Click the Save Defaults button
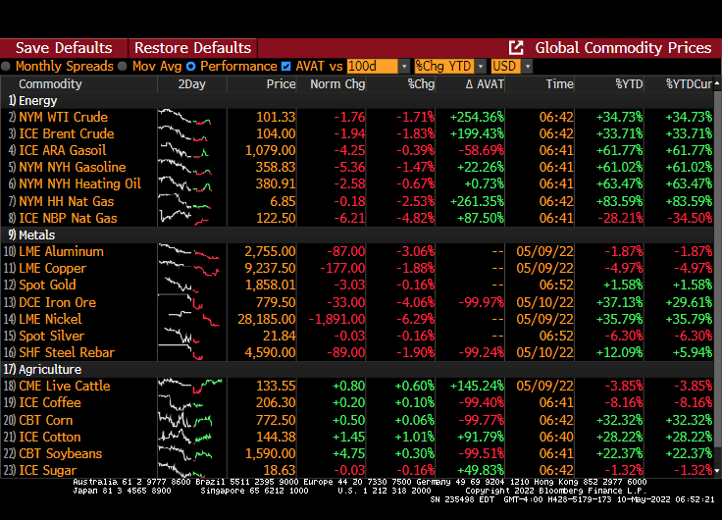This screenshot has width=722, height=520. [x=64, y=48]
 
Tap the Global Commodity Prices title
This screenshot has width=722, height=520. [x=623, y=48]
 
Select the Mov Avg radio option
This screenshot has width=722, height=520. [x=124, y=66]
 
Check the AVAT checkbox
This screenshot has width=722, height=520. [x=285, y=66]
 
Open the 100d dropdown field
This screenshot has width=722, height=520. [x=378, y=66]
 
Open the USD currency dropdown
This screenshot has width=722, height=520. [x=511, y=66]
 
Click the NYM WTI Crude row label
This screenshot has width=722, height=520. [x=64, y=117]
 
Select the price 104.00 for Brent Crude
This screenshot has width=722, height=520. [x=276, y=133]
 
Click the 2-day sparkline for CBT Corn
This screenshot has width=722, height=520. [x=190, y=420]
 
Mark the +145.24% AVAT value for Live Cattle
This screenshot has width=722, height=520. [x=477, y=386]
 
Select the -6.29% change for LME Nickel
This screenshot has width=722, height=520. [x=414, y=319]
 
